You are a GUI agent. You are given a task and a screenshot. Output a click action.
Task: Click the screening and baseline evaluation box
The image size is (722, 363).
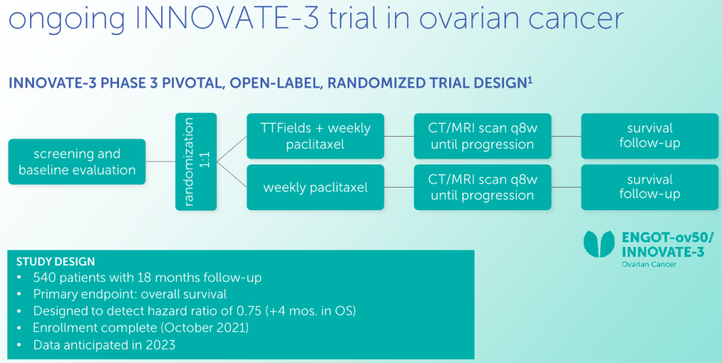pyautogui.click(x=77, y=161)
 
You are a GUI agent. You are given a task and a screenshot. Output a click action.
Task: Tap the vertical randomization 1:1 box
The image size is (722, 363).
pyautogui.click(x=196, y=161)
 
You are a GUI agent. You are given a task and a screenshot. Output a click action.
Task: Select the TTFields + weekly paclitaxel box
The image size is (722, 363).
pyautogui.click(x=316, y=136)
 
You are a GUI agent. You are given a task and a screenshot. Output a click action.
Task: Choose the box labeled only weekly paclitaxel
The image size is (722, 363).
pyautogui.click(x=316, y=188)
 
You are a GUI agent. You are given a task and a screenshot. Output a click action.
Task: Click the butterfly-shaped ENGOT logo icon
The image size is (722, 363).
pyautogui.click(x=599, y=244)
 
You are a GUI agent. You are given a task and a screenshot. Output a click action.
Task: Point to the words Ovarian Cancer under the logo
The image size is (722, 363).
pyautogui.click(x=649, y=264)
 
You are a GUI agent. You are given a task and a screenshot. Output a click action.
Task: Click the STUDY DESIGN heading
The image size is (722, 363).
pyautogui.click(x=55, y=262)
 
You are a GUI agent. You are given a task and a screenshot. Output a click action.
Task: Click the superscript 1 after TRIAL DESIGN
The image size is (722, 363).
pyautogui.click(x=530, y=81)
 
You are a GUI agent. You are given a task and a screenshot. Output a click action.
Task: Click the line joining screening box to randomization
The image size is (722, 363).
pyautogui.click(x=160, y=161)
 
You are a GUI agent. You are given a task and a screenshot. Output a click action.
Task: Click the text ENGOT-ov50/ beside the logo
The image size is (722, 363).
pyautogui.click(x=668, y=238)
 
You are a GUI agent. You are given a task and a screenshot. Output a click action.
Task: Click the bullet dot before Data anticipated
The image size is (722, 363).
pyautogui.click(x=19, y=345)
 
